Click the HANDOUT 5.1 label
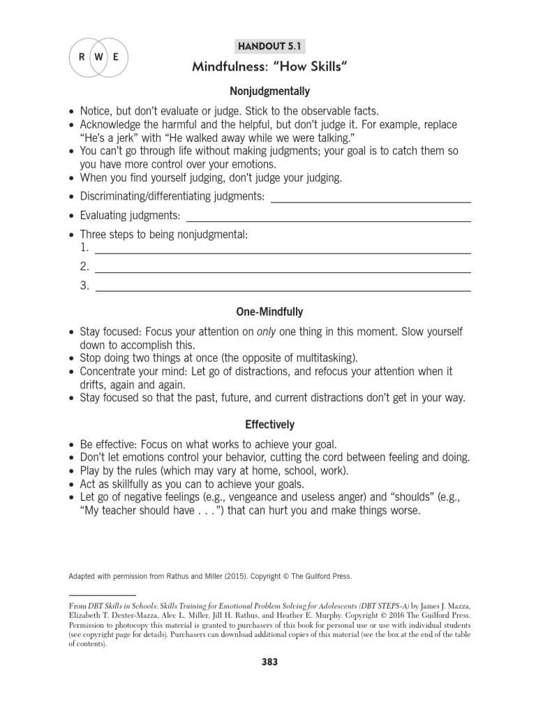(x=269, y=47)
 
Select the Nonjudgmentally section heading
(x=269, y=91)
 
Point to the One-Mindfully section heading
(x=269, y=312)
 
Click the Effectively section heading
(x=269, y=425)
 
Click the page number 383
(x=269, y=662)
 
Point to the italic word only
(x=267, y=332)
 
